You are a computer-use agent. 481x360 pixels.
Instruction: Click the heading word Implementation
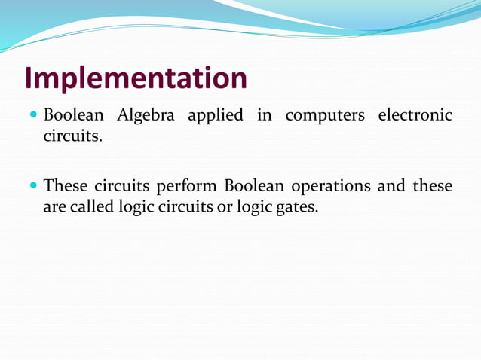tap(136, 78)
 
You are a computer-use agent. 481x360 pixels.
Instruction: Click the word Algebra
tap(146, 116)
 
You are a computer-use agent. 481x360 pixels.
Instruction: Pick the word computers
tap(325, 117)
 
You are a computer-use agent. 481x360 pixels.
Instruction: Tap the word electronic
tap(415, 116)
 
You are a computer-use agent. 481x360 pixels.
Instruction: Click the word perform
tap(185, 187)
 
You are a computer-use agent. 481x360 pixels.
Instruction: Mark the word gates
tap(297, 207)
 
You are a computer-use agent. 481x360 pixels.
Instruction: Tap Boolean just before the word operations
tap(254, 186)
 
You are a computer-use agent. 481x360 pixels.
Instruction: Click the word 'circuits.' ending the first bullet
tap(72, 137)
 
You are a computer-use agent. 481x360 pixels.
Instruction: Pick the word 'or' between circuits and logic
tap(225, 207)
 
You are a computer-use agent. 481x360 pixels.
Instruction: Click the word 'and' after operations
tap(391, 186)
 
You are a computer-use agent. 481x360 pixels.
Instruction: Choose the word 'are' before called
tap(54, 207)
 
